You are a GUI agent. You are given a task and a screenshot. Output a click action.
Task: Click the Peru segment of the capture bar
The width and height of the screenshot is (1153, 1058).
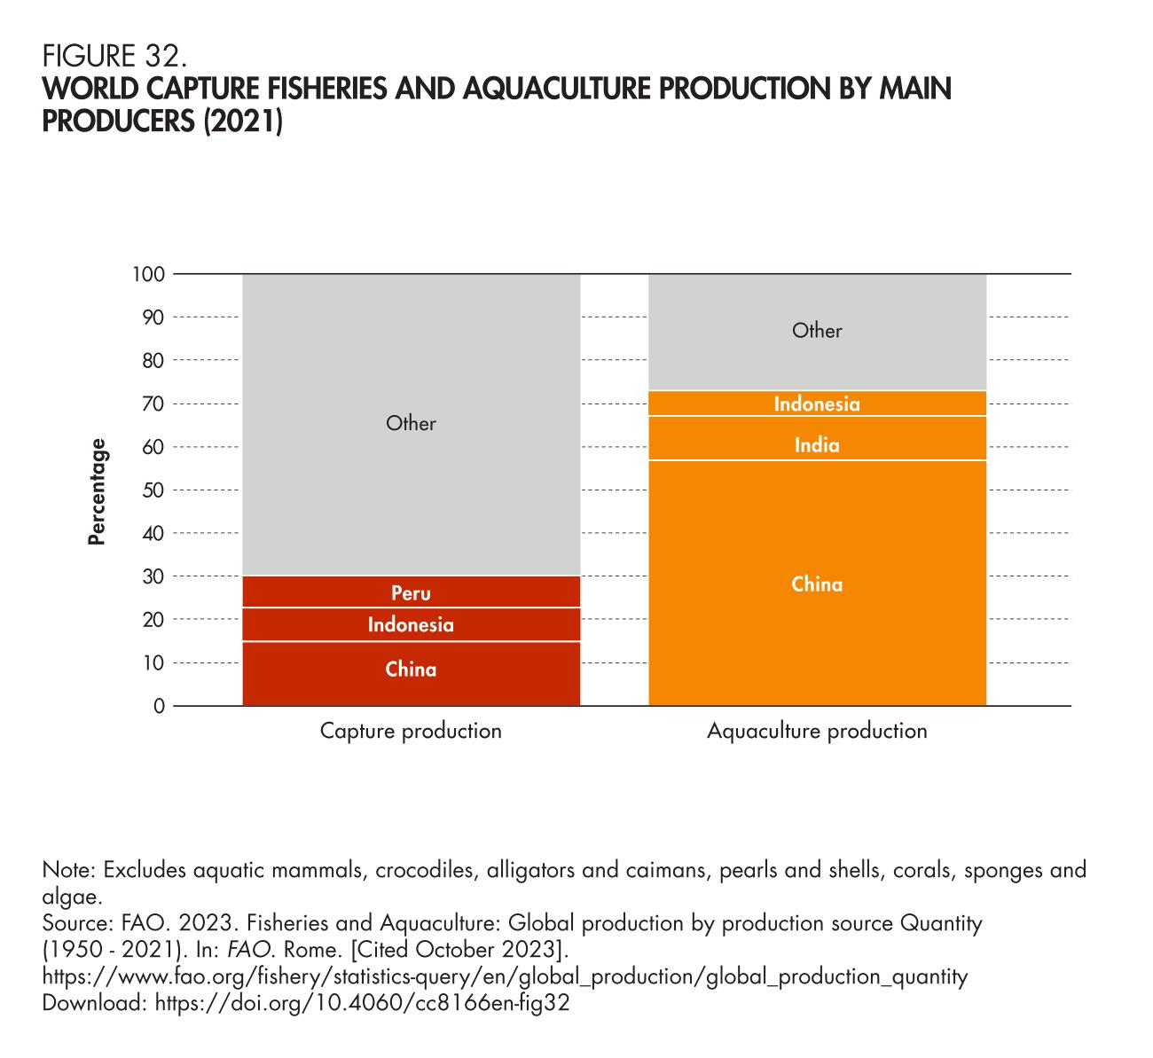point(411,592)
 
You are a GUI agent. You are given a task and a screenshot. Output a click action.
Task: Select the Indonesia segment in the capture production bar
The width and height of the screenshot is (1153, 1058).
point(411,625)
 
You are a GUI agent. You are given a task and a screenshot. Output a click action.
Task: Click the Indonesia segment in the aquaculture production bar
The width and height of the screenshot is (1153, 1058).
point(817,404)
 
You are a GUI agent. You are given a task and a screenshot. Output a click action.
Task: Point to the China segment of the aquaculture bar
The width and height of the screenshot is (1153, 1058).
point(817,584)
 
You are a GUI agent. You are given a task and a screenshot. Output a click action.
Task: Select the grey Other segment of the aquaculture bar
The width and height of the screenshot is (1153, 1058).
point(817,331)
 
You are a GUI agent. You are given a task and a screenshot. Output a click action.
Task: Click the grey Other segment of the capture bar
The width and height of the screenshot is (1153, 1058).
point(411,424)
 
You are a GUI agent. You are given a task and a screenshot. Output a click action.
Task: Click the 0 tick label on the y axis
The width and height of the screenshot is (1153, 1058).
point(160,707)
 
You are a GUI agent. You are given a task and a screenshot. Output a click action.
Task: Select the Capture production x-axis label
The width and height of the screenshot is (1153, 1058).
point(411,732)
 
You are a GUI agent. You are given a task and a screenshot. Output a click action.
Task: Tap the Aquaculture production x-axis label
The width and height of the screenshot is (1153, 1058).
point(817,732)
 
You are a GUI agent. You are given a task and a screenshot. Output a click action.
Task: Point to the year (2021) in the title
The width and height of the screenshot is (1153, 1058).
point(243,121)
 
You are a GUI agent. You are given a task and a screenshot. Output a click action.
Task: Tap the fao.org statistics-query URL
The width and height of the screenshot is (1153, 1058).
point(505,976)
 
